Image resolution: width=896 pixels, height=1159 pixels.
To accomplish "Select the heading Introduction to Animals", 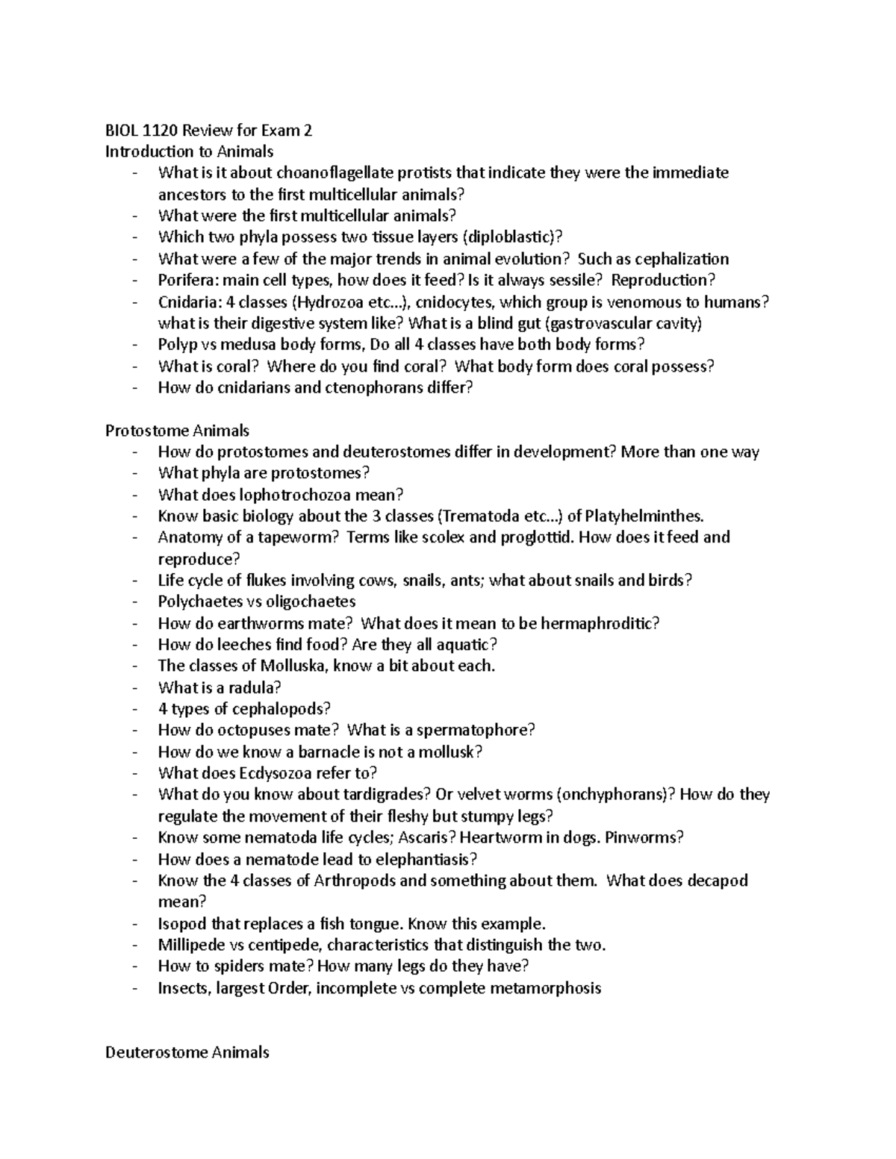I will coord(189,152).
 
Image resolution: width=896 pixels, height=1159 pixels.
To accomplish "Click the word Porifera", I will coord(184,281).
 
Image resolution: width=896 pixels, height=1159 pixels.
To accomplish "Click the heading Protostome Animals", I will coord(177,431).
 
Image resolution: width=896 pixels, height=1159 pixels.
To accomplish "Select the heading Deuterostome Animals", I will coord(187,1053).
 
